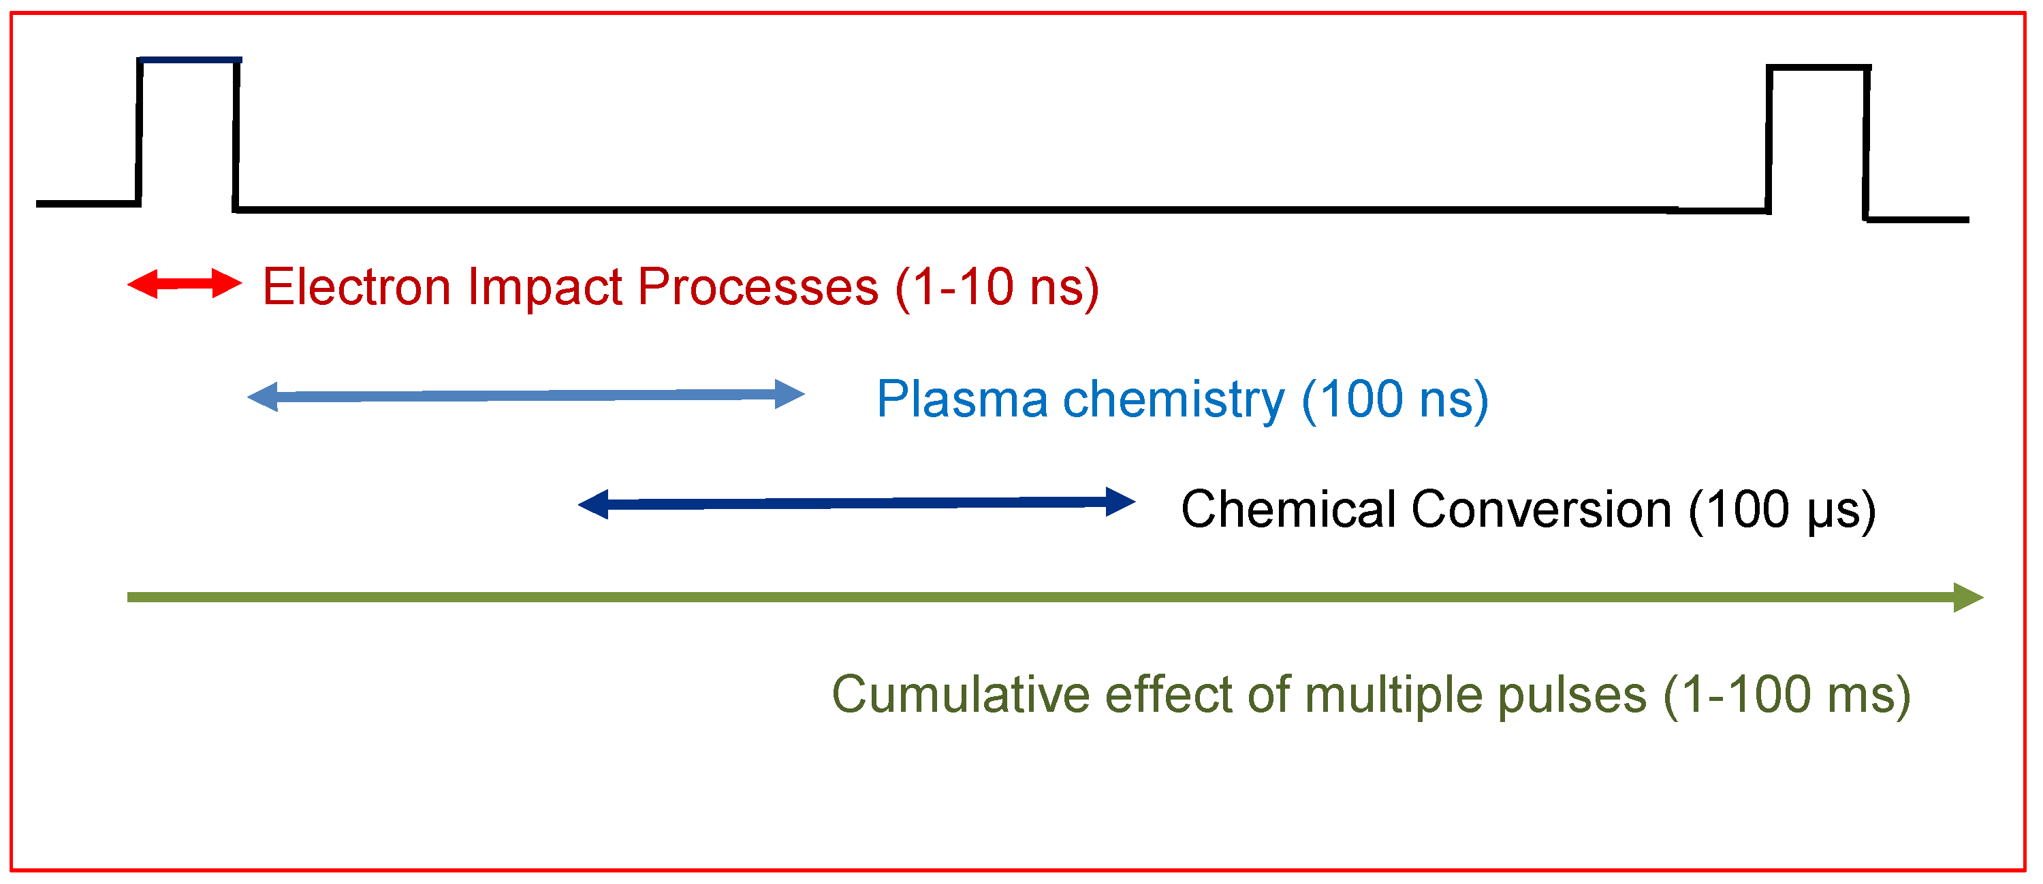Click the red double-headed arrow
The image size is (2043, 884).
click(184, 284)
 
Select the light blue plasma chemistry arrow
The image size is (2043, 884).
click(525, 395)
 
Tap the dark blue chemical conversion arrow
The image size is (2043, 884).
click(857, 504)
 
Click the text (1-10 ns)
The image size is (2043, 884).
click(997, 287)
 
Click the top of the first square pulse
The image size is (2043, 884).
click(189, 61)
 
